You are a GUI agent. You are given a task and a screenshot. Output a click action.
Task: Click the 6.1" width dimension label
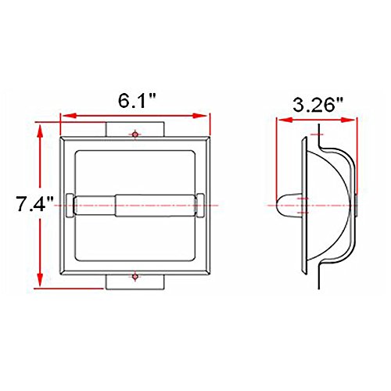[x=137, y=101]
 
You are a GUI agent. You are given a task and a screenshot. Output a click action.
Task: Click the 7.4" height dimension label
[x=34, y=203]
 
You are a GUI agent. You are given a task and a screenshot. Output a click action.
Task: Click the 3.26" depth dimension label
[x=317, y=105]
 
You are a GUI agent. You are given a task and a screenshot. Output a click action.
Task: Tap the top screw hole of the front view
[x=135, y=135]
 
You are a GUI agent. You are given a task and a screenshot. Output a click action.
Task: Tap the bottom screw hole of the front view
[x=135, y=277]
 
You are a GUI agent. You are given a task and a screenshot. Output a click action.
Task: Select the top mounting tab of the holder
[x=135, y=129]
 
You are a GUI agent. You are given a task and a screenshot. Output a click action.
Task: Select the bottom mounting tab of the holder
[x=135, y=282]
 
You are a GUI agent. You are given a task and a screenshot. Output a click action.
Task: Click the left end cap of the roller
[x=70, y=205]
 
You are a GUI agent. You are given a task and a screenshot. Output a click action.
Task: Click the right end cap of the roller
[x=200, y=205]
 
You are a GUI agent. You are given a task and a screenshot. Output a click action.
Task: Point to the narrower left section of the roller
[x=95, y=206]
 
